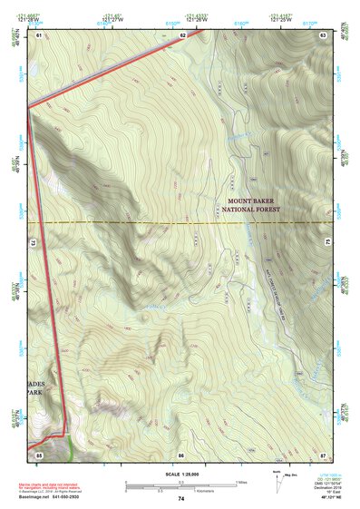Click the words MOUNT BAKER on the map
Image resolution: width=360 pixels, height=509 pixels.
pos(254,200)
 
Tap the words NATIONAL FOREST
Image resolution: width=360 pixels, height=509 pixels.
pos(254,210)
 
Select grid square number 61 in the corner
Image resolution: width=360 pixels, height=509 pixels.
pos(39,34)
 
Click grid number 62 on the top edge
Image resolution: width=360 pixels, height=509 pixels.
pos(182,34)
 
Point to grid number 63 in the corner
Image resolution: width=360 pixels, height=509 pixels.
pos(323,34)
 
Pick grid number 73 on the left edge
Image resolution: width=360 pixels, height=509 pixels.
pos(33,243)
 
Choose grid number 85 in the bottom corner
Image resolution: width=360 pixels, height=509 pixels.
pos(39,453)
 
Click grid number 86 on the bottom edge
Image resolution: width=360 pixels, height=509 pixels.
pos(181,453)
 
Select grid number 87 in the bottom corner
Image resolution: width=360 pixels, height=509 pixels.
pos(323,453)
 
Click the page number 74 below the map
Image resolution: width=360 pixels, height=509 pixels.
pos(181,499)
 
